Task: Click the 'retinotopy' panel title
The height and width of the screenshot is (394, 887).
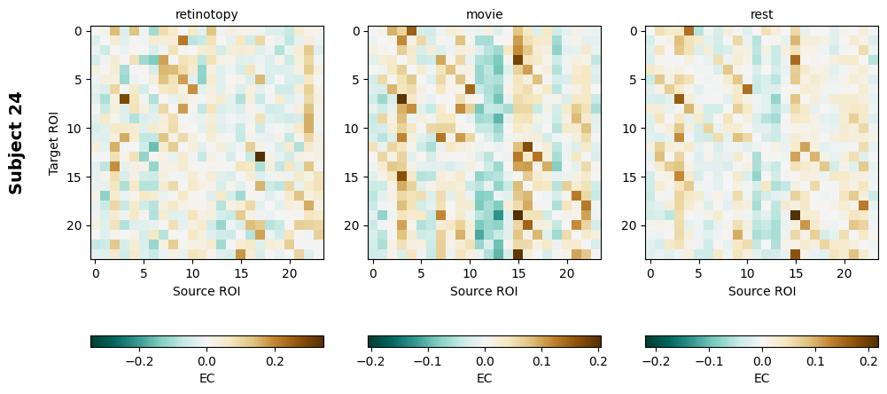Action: tap(206, 14)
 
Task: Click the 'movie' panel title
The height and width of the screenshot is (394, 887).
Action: tap(484, 14)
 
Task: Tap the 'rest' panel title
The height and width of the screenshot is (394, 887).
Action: tap(761, 14)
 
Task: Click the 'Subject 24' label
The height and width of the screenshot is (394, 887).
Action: tap(15, 143)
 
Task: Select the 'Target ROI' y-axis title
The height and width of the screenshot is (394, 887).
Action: tap(54, 143)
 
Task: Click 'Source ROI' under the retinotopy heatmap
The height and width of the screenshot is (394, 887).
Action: tap(206, 291)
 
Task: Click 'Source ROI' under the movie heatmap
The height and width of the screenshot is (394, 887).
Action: tap(484, 291)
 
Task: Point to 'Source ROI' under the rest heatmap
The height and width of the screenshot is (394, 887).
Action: tap(761, 291)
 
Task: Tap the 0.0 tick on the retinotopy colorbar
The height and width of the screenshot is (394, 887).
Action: tap(206, 362)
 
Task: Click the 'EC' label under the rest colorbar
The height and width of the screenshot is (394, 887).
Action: tap(761, 378)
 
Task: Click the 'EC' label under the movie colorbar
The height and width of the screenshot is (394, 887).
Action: tap(484, 378)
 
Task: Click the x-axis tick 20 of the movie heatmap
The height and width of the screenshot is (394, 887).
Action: tap(567, 273)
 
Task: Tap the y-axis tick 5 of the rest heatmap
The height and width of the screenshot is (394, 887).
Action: tap(633, 80)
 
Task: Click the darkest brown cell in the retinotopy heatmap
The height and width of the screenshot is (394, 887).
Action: tap(260, 157)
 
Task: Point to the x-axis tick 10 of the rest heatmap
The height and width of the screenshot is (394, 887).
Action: tap(747, 273)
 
